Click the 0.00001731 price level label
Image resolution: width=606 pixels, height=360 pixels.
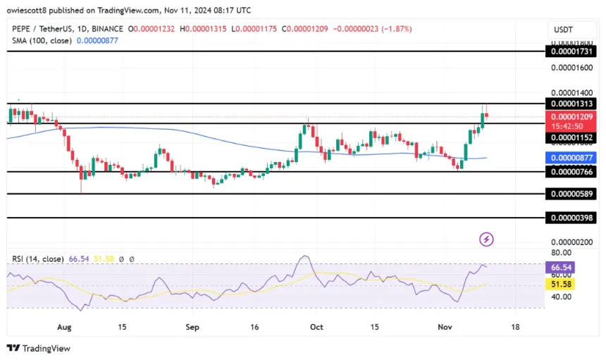[x=571, y=51]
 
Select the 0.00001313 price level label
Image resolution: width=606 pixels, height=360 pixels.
[x=571, y=104]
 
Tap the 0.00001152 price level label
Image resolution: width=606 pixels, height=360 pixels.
[x=571, y=137]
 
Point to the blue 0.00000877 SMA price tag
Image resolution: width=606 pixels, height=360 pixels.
[x=571, y=158]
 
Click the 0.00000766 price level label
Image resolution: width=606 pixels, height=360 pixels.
[x=571, y=171]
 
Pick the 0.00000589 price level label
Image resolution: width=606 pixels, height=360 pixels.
[x=571, y=194]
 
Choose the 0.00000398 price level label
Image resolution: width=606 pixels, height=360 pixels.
[x=571, y=218]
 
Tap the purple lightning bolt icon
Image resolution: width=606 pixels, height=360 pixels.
[x=486, y=240]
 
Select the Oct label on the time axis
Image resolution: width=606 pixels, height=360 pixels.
[x=316, y=328]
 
